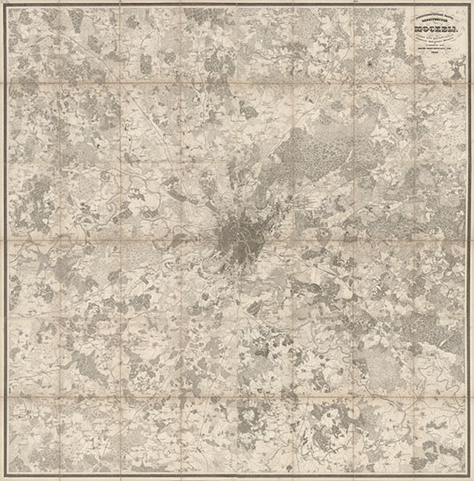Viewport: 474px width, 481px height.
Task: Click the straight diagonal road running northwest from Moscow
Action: tap(169, 151)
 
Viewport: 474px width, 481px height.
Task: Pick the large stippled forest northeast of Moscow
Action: tap(311, 151)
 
